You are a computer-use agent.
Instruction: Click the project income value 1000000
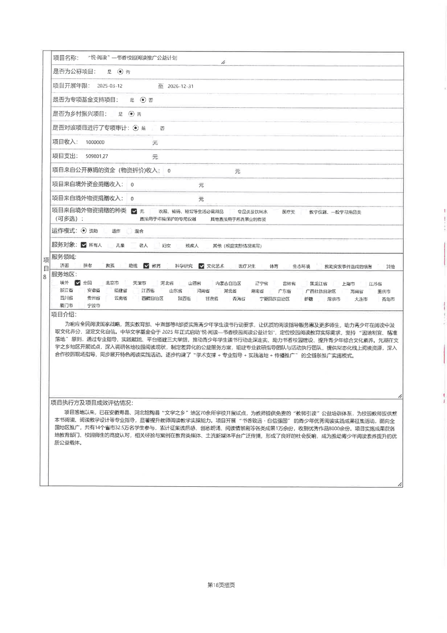click(95, 142)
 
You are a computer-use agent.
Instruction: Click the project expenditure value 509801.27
click(97, 156)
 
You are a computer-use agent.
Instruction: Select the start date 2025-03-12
click(110, 86)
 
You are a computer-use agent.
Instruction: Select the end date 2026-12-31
click(180, 86)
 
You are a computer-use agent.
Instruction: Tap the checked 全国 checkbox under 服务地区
click(77, 283)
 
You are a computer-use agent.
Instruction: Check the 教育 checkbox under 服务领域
click(146, 266)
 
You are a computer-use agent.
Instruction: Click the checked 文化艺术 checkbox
click(201, 266)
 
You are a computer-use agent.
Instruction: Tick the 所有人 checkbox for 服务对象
click(84, 245)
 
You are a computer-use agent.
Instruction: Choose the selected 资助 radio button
click(84, 231)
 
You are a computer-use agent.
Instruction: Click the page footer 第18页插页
click(221, 585)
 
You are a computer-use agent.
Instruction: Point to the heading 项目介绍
click(64, 315)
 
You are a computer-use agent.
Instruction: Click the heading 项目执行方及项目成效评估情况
click(92, 403)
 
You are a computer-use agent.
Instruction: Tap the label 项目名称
click(66, 58)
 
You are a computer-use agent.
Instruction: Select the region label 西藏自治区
click(152, 299)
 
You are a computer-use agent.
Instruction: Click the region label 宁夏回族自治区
click(274, 299)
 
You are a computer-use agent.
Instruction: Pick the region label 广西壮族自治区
click(320, 291)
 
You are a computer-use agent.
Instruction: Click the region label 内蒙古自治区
click(228, 283)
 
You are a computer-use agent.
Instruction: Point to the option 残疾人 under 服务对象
click(192, 246)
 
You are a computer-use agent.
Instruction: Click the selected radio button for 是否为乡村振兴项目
click(131, 114)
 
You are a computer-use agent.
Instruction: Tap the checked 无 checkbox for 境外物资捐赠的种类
click(134, 211)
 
